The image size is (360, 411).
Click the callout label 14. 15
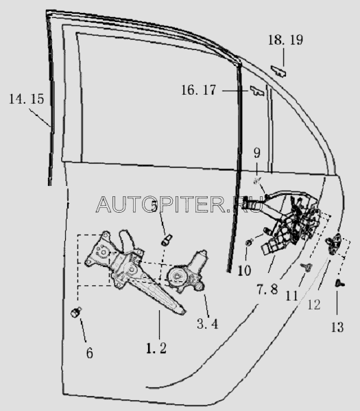(x=27, y=99)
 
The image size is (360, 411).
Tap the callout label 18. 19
(x=285, y=40)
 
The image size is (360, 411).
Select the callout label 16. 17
(x=199, y=90)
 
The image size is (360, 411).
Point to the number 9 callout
(x=257, y=153)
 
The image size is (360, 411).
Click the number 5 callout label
(x=154, y=206)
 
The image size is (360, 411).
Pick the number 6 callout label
(x=90, y=353)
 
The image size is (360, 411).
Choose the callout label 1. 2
(x=156, y=349)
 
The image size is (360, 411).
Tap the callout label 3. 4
(x=208, y=324)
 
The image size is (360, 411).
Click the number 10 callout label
(x=244, y=270)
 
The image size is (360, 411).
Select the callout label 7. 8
(x=267, y=290)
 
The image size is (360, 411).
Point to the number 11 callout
(x=292, y=296)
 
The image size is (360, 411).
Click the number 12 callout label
(x=314, y=305)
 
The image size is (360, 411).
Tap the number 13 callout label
(x=337, y=327)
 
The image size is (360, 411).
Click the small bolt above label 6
(x=76, y=312)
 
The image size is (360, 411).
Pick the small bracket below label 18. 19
(x=278, y=71)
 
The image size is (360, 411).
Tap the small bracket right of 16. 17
(x=257, y=91)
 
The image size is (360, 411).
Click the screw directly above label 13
(x=340, y=283)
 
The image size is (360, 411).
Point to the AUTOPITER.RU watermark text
(x=179, y=204)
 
